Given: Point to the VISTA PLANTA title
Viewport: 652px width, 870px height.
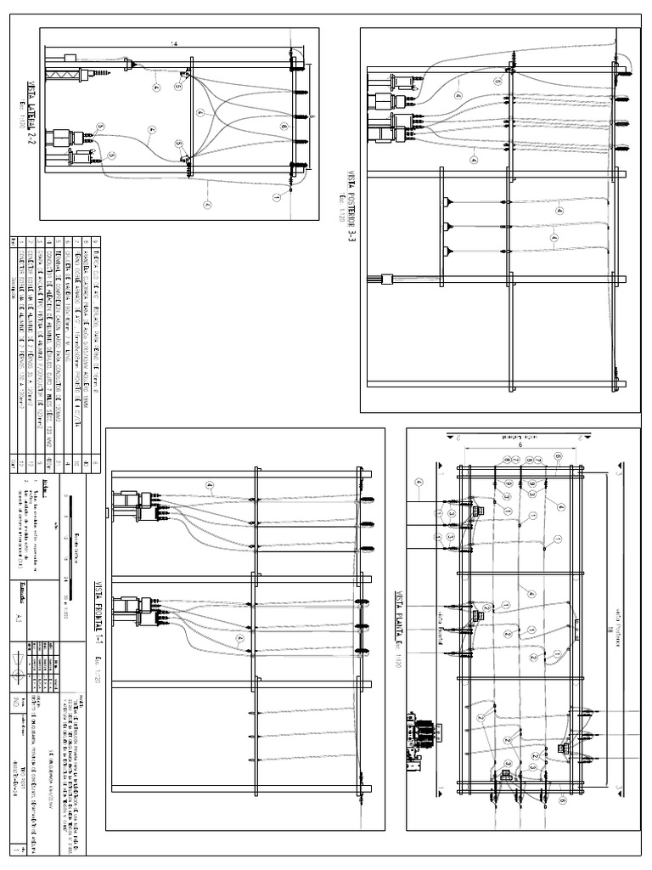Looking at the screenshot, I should tap(396, 628).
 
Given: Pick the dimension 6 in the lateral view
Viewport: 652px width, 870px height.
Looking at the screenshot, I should tap(312, 116).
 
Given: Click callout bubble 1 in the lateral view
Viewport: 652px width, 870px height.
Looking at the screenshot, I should tap(277, 196).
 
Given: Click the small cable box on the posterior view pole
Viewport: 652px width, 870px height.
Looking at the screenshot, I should tap(382, 278).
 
